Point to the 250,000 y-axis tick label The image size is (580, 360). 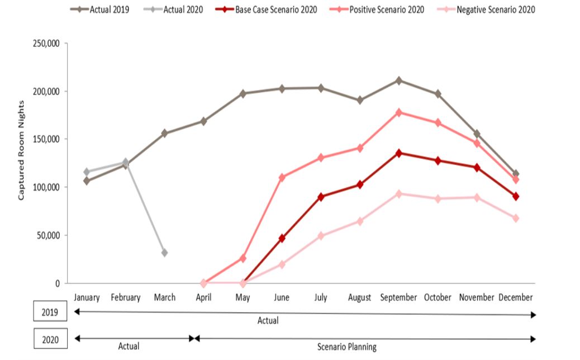(x=46, y=43)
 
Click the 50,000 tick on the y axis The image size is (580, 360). (x=49, y=235)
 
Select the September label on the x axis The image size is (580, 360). (x=398, y=297)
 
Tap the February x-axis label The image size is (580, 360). (x=125, y=297)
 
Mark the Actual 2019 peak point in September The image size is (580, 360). (x=398, y=80)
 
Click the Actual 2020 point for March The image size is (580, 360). (x=164, y=253)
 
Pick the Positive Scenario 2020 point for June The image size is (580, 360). (x=282, y=177)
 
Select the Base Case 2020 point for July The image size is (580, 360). (x=321, y=197)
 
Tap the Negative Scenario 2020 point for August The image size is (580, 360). (x=360, y=221)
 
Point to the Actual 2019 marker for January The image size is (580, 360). (x=87, y=181)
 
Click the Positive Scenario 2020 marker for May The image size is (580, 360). (x=243, y=258)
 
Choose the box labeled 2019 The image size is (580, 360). (x=50, y=312)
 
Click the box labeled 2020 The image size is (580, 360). (x=50, y=338)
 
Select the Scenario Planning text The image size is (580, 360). (x=347, y=347)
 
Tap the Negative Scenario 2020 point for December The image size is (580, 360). (x=516, y=218)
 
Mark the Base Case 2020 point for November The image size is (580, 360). (x=477, y=168)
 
